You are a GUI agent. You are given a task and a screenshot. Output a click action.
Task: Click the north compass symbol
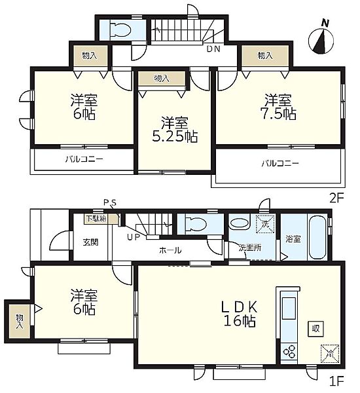(x=321, y=41)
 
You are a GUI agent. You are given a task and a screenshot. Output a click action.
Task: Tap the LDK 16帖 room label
(x=240, y=313)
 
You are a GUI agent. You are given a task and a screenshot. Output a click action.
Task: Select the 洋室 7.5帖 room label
(x=279, y=107)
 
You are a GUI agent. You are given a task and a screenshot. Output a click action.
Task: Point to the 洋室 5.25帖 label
(x=175, y=130)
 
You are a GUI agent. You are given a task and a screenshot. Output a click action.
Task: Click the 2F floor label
(x=336, y=198)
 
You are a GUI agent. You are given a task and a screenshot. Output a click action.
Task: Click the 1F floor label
(x=336, y=381)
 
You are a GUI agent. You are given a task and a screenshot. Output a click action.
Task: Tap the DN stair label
(x=213, y=49)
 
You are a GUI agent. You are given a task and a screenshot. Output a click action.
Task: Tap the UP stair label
(x=133, y=237)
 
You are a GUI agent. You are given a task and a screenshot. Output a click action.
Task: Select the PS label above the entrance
(x=110, y=202)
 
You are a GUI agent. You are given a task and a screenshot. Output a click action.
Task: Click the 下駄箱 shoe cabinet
(x=100, y=219)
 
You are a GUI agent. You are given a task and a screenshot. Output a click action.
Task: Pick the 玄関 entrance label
(x=90, y=242)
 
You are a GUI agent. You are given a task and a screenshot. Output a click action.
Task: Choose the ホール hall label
(x=170, y=250)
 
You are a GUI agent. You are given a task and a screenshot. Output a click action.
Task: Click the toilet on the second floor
(x=120, y=30)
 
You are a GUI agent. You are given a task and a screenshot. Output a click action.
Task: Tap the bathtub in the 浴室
(x=317, y=237)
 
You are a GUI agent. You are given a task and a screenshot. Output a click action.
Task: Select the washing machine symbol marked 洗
(x=265, y=224)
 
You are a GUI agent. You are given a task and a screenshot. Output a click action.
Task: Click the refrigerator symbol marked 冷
(x=330, y=354)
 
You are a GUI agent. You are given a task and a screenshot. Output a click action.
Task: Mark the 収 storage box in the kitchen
(x=316, y=329)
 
